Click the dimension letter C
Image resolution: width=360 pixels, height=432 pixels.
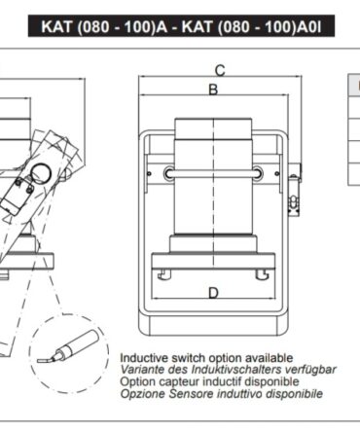(x=220, y=70)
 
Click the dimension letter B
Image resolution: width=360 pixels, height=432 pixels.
(x=213, y=90)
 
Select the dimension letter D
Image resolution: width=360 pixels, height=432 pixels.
(x=213, y=293)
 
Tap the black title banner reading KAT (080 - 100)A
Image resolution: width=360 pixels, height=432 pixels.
(x=181, y=26)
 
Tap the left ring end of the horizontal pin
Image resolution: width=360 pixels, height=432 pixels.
(x=169, y=173)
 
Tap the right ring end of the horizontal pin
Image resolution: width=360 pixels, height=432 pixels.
(x=258, y=173)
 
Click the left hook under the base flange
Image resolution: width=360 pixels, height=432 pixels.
(x=164, y=274)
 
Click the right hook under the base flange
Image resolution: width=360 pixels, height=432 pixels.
(x=262, y=274)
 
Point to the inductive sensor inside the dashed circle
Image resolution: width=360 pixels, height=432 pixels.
(x=69, y=347)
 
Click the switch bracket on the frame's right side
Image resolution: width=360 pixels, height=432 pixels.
(x=295, y=190)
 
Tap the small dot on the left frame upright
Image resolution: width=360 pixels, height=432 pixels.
(x=149, y=174)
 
